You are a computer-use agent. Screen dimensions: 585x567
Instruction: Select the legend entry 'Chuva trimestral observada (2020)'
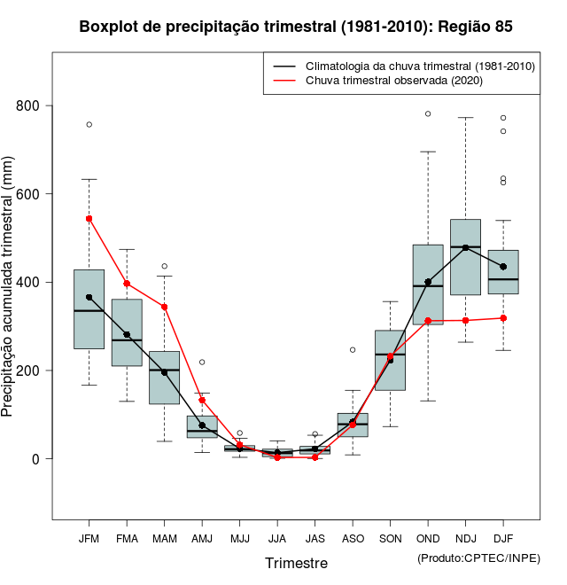[x=393, y=81]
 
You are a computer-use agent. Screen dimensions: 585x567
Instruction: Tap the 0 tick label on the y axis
[x=36, y=459]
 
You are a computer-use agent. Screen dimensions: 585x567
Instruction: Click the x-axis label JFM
[x=89, y=539]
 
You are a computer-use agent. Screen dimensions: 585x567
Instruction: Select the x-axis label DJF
[x=503, y=539]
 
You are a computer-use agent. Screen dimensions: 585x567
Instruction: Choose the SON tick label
[x=390, y=539]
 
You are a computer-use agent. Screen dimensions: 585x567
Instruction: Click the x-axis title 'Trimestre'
[x=296, y=563]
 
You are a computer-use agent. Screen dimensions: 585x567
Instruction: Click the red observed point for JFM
[x=89, y=218]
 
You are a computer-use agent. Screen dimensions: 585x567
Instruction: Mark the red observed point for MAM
[x=164, y=307]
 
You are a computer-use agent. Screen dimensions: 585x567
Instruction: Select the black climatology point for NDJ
[x=465, y=248]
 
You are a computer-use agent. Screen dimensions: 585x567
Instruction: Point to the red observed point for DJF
[x=503, y=318]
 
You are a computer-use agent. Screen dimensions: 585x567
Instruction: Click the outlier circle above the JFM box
[x=89, y=124]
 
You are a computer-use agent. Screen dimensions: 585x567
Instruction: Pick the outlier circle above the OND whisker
[x=428, y=113]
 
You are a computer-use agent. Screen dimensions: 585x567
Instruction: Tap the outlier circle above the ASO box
[x=353, y=349]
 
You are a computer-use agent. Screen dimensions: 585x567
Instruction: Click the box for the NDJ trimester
[x=465, y=266]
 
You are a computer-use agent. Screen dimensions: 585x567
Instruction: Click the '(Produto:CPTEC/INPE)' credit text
[x=478, y=558]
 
